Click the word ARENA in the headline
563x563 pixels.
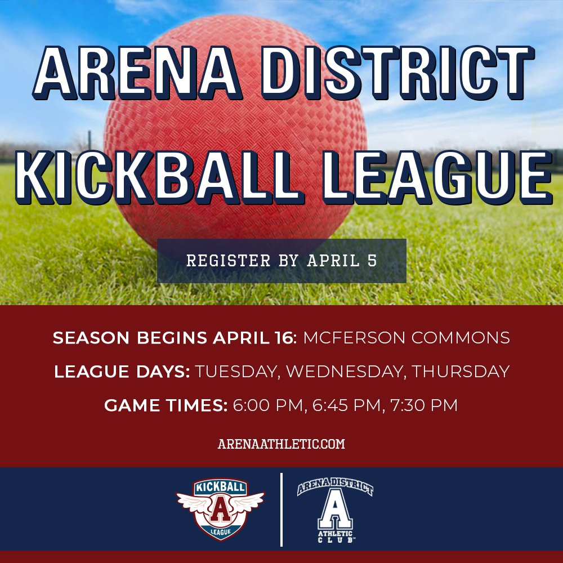click(137, 73)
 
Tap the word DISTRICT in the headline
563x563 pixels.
click(398, 73)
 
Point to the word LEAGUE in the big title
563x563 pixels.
click(437, 177)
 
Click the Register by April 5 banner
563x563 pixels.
click(281, 261)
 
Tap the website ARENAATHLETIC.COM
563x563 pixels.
click(281, 444)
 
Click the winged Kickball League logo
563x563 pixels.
click(220, 509)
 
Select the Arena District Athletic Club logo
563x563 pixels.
click(335, 510)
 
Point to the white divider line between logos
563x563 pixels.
click(281, 510)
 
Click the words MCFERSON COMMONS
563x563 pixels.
click(406, 338)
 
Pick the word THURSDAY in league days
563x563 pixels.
click(461, 372)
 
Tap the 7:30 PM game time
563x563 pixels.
click(424, 405)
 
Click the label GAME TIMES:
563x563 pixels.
click(166, 405)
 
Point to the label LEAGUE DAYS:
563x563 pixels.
click(122, 372)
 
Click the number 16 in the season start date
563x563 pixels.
click(283, 338)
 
